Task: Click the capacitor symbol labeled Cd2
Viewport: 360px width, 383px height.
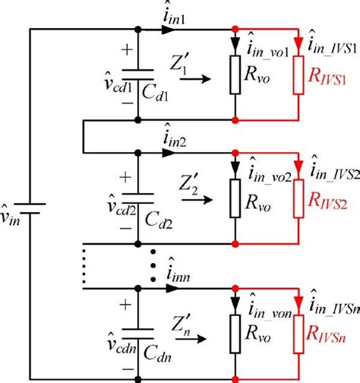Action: (x=137, y=198)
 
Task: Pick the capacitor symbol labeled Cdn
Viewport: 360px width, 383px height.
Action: (x=137, y=328)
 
